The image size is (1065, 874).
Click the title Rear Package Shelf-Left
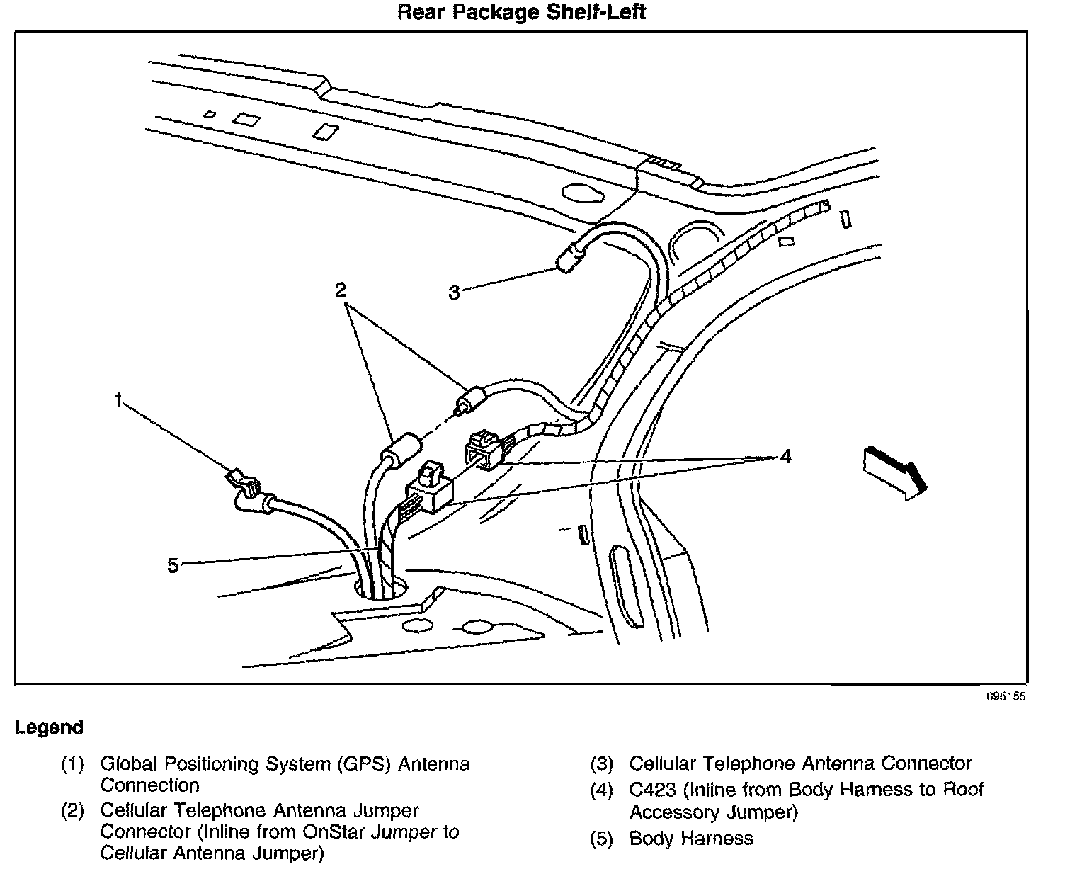click(522, 12)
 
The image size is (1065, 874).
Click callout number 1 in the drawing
click(118, 402)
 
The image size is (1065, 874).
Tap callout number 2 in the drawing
click(341, 290)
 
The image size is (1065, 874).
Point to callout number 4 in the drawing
click(785, 457)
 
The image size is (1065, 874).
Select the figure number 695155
click(1006, 697)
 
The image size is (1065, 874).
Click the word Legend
click(49, 727)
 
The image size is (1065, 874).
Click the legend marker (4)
click(602, 790)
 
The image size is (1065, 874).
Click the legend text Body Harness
click(691, 839)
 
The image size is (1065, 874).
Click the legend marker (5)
click(602, 839)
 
